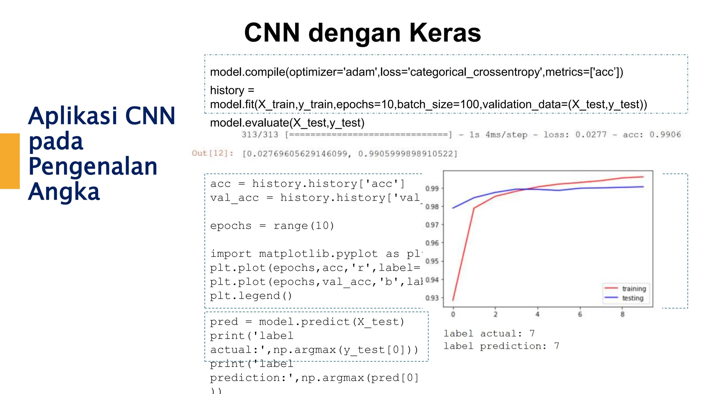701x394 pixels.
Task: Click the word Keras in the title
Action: point(445,33)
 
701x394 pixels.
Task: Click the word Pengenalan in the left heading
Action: point(93,167)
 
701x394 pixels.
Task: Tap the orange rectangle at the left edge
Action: point(10,161)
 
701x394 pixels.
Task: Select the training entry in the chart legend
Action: point(634,289)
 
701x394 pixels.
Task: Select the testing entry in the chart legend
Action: point(633,298)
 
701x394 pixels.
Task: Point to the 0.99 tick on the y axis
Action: point(432,188)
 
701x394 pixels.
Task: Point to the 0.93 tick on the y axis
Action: point(432,298)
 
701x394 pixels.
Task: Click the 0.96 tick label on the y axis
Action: point(432,243)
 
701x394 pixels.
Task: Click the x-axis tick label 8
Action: point(622,314)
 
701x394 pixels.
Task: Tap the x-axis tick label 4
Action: point(537,314)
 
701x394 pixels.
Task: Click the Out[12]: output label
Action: point(212,153)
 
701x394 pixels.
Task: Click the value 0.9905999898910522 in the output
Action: point(407,154)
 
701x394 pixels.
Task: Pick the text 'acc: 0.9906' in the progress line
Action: point(652,135)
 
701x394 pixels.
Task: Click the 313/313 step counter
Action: point(260,135)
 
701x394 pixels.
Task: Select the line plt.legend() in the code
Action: point(251,296)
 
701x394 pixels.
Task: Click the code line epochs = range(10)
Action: point(272,226)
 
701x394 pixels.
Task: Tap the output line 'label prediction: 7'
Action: point(501,346)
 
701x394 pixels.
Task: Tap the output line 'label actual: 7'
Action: point(489,333)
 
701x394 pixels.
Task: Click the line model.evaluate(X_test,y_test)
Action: point(287,123)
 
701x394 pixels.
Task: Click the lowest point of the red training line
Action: point(453,300)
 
